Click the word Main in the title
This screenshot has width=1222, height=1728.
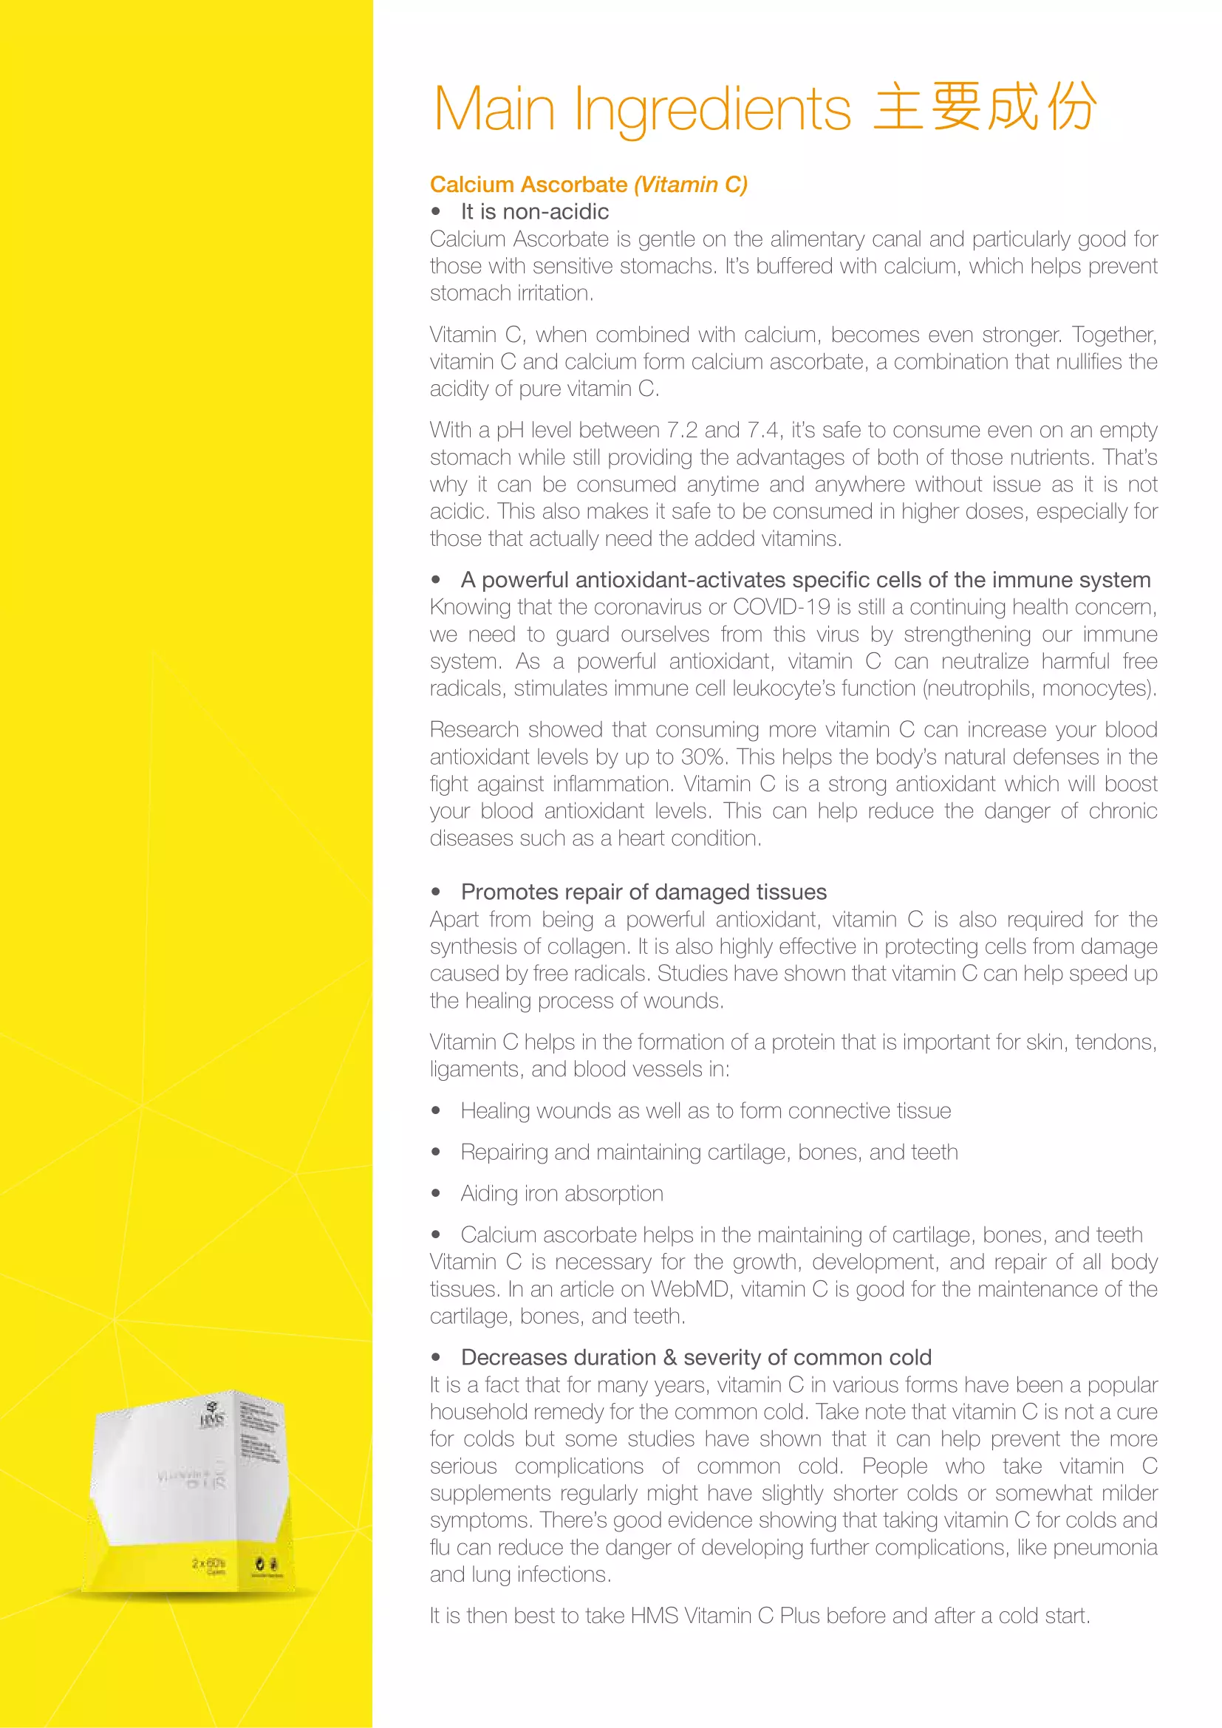click(x=494, y=109)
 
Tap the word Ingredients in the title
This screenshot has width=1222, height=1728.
click(x=712, y=110)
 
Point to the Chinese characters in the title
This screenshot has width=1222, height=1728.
click(x=984, y=107)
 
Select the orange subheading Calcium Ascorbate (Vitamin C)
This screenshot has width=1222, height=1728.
click(x=588, y=185)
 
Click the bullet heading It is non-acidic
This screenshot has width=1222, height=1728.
click(x=534, y=211)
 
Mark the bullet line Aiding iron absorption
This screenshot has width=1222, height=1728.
click(x=561, y=1194)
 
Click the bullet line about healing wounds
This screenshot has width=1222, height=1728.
click(x=705, y=1111)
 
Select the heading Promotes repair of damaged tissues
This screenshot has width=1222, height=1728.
click(x=644, y=892)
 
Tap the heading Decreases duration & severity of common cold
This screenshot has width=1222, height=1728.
click(x=696, y=1357)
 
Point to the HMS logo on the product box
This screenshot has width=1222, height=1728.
click(x=211, y=1418)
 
